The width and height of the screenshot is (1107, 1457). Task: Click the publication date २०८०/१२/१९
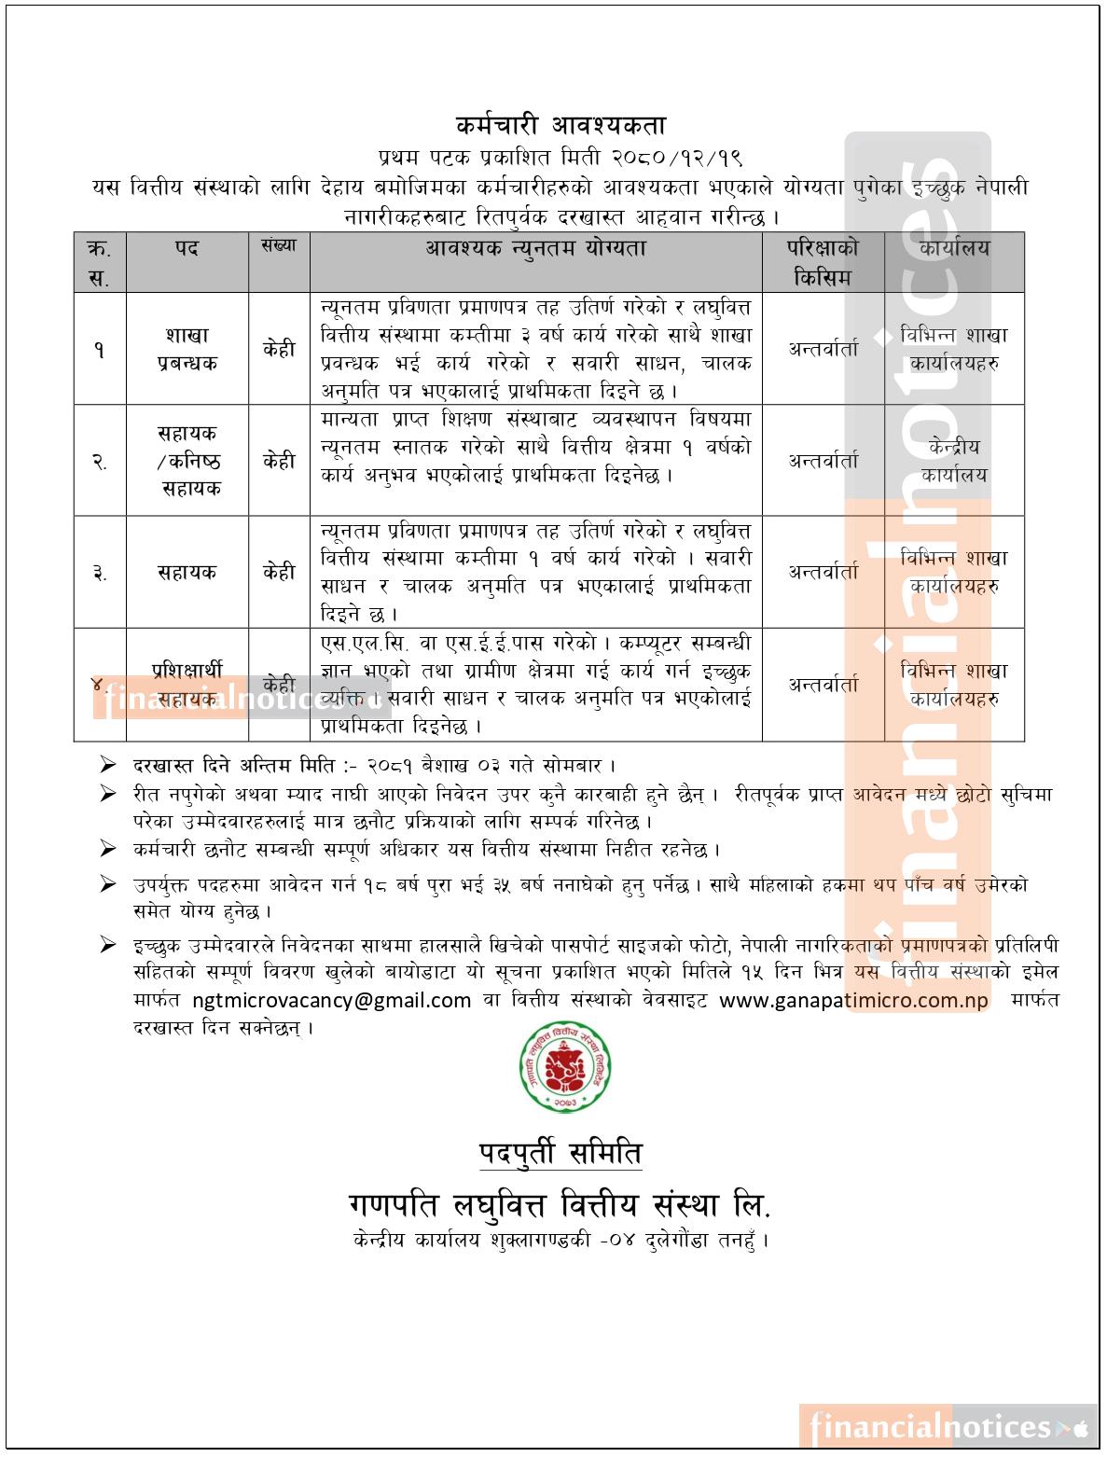[x=678, y=156]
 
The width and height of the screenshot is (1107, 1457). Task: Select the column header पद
[x=187, y=249]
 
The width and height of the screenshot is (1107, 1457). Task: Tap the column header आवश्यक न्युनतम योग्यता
[x=535, y=249]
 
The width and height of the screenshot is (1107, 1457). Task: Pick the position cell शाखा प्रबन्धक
[x=187, y=349]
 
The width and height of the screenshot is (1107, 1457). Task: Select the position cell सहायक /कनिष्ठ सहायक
[x=187, y=461]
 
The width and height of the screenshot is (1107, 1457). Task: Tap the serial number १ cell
[x=99, y=350]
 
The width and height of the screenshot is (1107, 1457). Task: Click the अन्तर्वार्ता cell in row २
[x=823, y=461]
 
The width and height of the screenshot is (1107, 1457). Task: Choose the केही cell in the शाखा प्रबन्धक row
[x=279, y=350]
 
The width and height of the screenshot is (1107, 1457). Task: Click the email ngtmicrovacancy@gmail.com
[x=331, y=1001]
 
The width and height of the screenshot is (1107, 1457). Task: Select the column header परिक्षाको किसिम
[x=823, y=262]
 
